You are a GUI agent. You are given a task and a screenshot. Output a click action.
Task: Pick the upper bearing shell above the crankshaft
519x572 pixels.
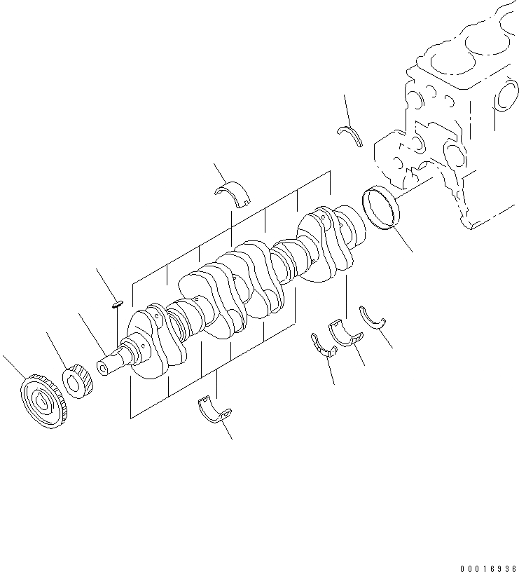235,193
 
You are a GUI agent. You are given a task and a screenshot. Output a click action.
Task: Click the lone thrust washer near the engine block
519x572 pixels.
350,135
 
